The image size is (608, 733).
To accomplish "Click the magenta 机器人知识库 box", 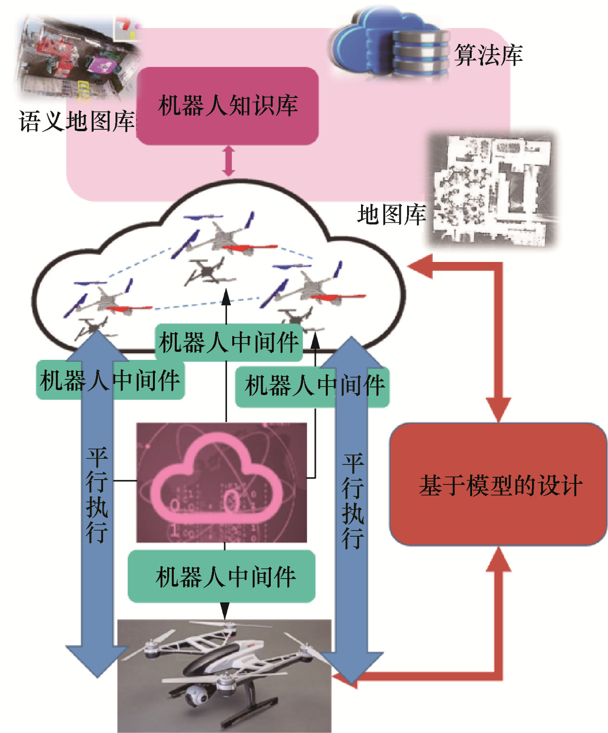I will [227, 106].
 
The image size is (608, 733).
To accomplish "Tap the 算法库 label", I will [488, 55].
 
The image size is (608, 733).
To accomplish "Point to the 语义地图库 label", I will [76, 121].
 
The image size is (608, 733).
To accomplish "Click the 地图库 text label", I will [391, 215].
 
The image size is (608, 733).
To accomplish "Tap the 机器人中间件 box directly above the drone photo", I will [221, 577].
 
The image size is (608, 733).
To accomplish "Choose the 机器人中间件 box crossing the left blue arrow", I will [110, 380].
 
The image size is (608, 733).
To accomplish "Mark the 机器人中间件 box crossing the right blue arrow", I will [312, 386].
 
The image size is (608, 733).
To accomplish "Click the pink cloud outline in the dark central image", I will [216, 480].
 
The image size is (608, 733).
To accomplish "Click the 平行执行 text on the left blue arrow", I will [97, 494].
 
